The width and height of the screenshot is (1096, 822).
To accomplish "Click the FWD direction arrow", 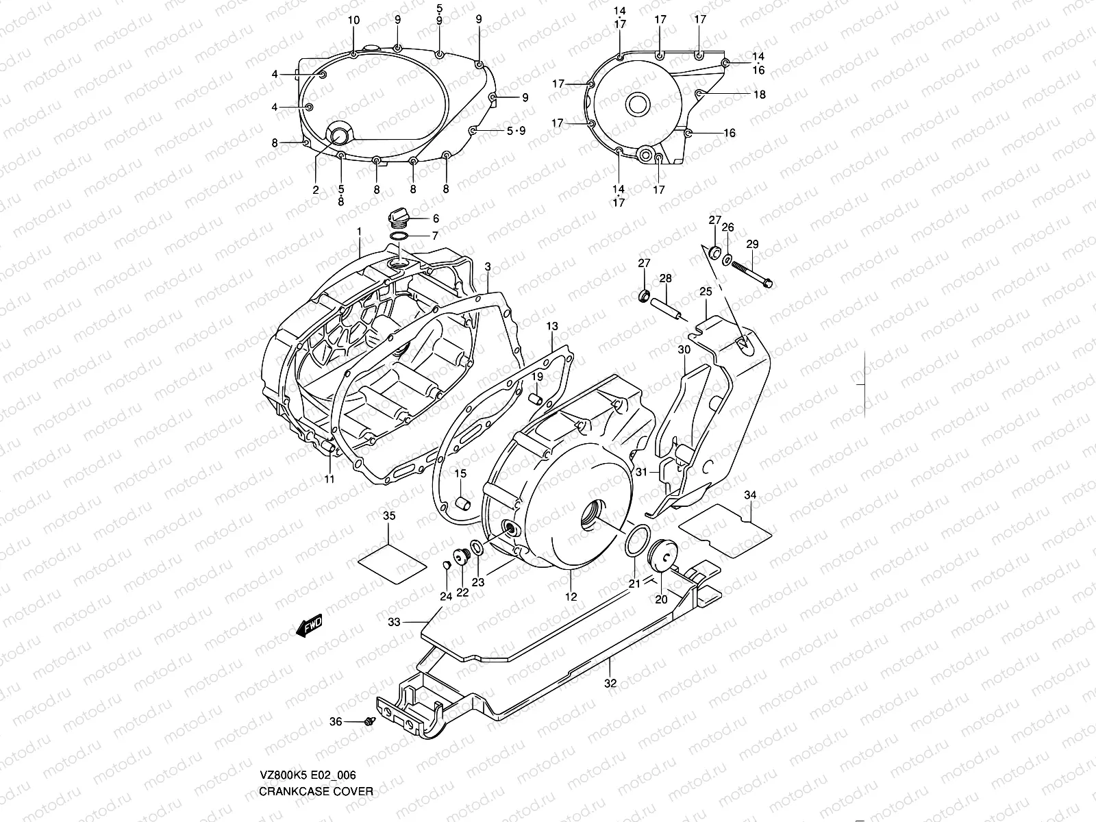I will [x=309, y=625].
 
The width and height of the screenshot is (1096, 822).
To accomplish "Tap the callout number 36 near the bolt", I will [x=336, y=721].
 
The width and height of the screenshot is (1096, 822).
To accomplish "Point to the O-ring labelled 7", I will [x=399, y=236].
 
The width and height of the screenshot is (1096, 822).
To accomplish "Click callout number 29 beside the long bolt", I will [x=752, y=244].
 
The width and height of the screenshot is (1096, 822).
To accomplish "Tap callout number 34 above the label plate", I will [x=750, y=495].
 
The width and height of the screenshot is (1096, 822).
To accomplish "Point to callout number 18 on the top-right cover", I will [x=759, y=95].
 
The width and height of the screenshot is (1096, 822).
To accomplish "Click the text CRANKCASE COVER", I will [x=316, y=791].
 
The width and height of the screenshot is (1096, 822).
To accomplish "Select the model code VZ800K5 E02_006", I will [x=308, y=775].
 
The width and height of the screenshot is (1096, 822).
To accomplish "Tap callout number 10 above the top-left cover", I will [x=353, y=21].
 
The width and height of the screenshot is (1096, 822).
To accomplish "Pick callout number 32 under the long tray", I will [x=610, y=682].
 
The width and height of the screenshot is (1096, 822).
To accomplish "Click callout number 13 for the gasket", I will [x=553, y=327].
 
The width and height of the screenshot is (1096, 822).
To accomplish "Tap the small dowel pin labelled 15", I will [x=462, y=505].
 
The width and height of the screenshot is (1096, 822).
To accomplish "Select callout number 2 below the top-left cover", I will [x=316, y=190].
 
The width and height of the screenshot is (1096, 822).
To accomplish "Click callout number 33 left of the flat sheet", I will [x=394, y=622].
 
